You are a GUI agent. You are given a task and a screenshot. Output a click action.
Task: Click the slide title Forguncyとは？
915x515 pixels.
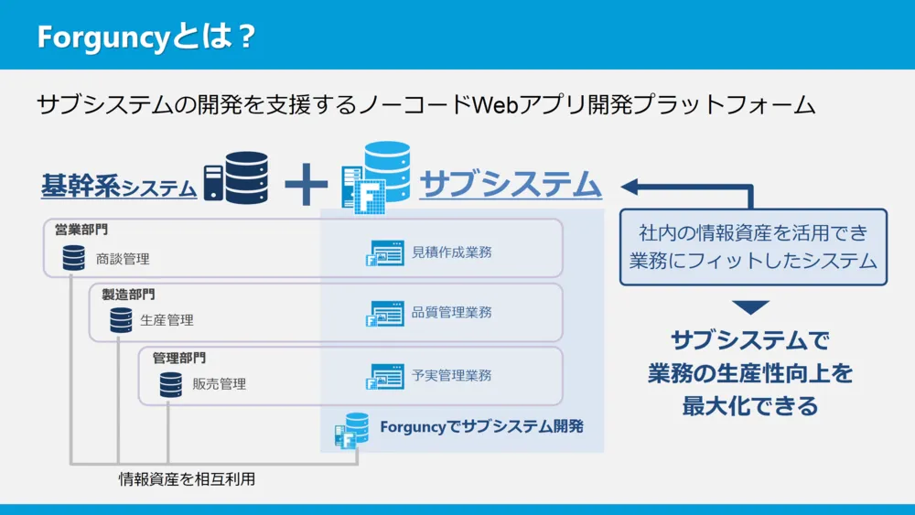tap(145, 38)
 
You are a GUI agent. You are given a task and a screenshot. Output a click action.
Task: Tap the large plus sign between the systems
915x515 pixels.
tap(306, 184)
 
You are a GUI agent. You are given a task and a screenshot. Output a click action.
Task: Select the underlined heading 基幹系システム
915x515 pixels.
tap(119, 186)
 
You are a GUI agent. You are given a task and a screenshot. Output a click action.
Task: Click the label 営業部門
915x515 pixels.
tap(81, 230)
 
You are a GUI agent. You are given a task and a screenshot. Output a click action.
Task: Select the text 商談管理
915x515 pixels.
tap(123, 259)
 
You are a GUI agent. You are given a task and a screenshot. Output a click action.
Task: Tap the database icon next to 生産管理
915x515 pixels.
tap(121, 320)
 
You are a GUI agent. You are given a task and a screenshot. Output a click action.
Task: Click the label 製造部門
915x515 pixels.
tap(128, 294)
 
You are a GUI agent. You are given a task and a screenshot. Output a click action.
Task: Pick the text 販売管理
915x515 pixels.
tap(220, 384)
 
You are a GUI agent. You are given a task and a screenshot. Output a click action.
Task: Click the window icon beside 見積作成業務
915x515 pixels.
tap(383, 253)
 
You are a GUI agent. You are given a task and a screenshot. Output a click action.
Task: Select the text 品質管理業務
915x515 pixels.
tap(452, 313)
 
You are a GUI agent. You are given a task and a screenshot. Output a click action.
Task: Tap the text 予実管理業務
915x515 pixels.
tap(452, 375)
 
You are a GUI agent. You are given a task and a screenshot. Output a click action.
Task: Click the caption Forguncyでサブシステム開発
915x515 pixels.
tap(480, 426)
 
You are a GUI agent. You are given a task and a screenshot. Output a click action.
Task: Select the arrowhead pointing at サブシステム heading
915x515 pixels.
tap(630, 187)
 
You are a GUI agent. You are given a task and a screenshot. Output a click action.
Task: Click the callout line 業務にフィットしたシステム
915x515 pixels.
tap(753, 261)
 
